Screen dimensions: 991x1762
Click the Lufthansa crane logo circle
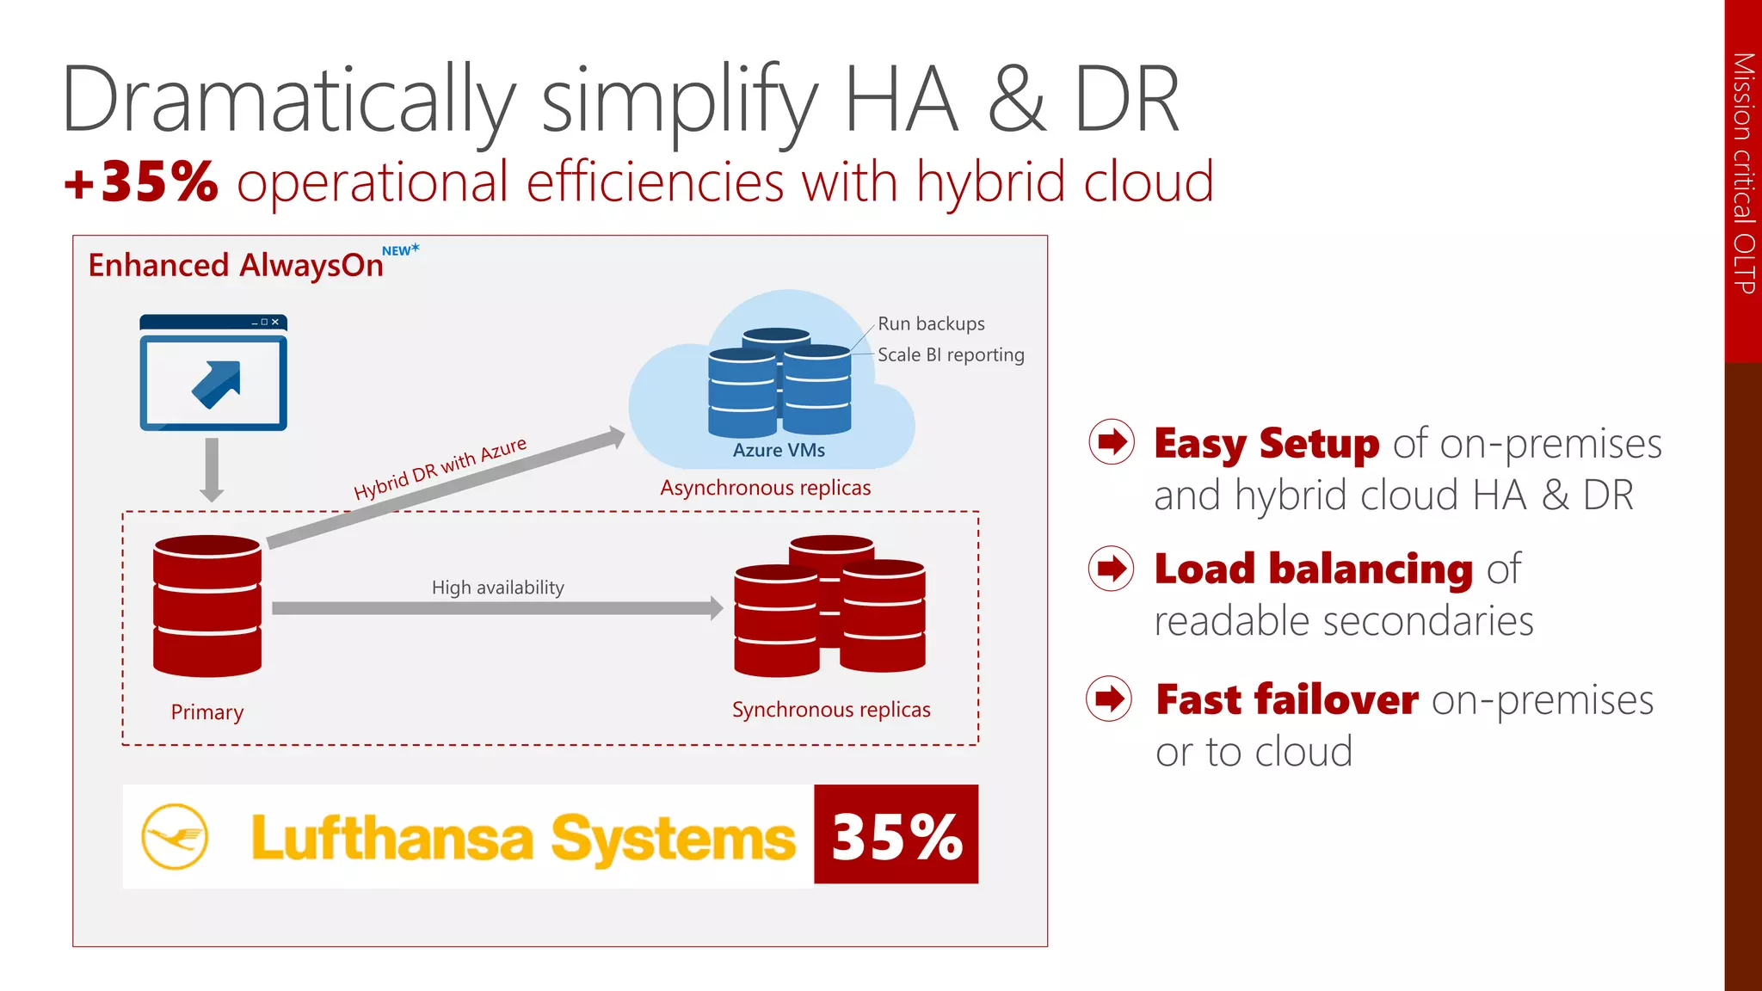(x=175, y=836)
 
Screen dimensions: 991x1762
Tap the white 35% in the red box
(x=896, y=836)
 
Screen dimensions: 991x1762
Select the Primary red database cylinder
(x=207, y=606)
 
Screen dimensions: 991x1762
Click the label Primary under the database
(x=207, y=712)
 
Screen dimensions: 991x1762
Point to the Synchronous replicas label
(x=831, y=710)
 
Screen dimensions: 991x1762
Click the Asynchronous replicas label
(x=765, y=488)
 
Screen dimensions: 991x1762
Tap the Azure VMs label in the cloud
(x=779, y=450)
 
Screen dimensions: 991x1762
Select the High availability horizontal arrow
(x=497, y=608)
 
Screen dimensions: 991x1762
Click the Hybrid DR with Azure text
(x=440, y=468)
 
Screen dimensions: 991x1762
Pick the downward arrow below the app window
(x=212, y=470)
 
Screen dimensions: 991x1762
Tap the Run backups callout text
(x=931, y=323)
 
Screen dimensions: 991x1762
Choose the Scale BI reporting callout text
(x=951, y=354)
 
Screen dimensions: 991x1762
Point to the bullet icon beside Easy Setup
(x=1112, y=442)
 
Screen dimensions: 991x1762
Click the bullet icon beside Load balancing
(x=1112, y=568)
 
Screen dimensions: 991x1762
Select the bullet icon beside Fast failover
(x=1110, y=699)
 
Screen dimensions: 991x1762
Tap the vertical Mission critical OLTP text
(x=1743, y=172)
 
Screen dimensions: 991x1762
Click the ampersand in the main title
(x=1017, y=100)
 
